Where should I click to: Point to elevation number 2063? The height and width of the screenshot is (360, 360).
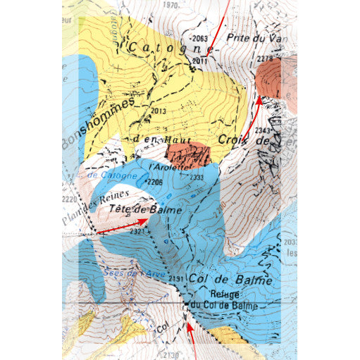(x=200, y=38)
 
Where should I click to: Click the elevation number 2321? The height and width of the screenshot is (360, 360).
(x=137, y=231)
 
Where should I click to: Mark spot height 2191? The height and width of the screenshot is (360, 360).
(x=176, y=280)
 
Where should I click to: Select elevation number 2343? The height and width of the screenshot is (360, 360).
(x=263, y=130)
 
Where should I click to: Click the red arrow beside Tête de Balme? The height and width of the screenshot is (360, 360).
(x=122, y=226)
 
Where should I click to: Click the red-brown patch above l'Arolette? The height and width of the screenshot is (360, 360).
(x=187, y=153)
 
